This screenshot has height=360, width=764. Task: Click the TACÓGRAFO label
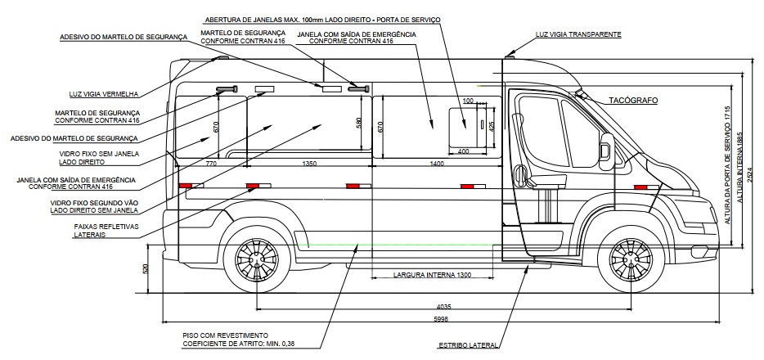(633, 101)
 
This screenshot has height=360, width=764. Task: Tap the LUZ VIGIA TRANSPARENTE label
(578, 34)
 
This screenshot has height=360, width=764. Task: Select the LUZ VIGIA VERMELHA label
(104, 94)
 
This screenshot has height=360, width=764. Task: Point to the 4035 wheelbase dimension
(443, 307)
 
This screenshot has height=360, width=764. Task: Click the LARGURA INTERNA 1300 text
(432, 275)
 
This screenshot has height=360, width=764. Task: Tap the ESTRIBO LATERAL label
(468, 345)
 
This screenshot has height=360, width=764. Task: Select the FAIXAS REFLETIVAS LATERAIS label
(106, 231)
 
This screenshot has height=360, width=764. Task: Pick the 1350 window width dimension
(309, 164)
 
